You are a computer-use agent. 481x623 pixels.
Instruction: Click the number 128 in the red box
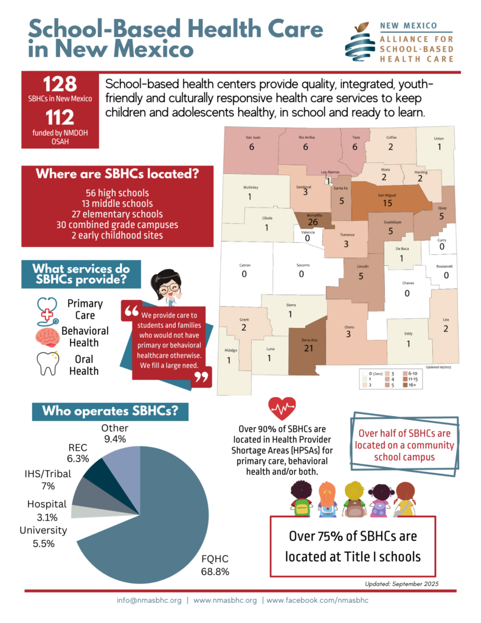tap(60, 85)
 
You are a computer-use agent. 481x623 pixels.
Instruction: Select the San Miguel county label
tap(387, 195)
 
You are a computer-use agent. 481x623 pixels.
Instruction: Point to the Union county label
tap(438, 137)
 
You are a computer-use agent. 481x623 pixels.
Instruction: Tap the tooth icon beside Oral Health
tap(47, 363)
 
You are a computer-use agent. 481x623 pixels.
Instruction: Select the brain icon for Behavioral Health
tap(46, 336)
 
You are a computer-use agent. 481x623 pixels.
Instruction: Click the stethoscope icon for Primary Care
tap(47, 309)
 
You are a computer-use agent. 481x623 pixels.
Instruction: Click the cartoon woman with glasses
tap(166, 286)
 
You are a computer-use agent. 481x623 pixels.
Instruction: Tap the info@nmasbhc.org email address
tap(149, 600)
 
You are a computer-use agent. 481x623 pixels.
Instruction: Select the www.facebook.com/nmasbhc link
tap(317, 600)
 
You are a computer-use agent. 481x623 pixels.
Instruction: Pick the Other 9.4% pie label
tap(114, 433)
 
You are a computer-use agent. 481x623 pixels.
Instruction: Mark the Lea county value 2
tap(446, 329)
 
